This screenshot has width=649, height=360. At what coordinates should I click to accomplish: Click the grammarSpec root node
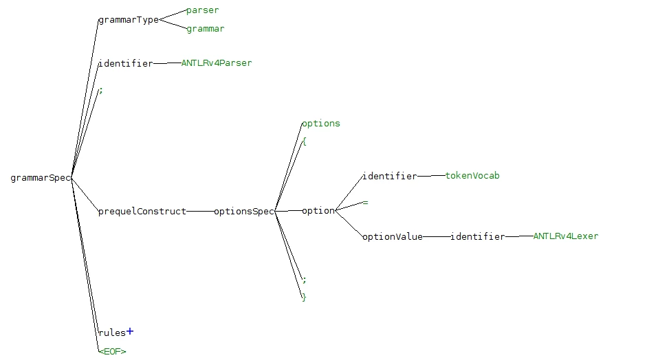coord(41,178)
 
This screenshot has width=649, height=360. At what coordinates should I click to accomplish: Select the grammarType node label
coord(129,20)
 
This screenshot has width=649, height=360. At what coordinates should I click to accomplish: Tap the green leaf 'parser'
coord(202,10)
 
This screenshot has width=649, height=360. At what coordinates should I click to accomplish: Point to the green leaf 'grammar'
coord(206,29)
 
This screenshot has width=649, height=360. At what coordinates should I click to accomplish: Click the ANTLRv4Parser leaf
coord(217,63)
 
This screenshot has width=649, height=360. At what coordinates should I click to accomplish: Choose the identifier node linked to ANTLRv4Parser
coord(126,63)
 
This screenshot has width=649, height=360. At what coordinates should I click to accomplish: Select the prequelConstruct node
coord(142,211)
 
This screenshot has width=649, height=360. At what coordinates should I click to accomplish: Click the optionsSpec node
coord(244,211)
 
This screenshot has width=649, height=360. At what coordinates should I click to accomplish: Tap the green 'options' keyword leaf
coord(321,123)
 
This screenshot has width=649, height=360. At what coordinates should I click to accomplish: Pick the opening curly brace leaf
coord(304,142)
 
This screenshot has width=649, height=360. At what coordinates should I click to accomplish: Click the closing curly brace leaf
coord(304,297)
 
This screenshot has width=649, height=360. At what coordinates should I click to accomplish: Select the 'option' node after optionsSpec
coord(318,211)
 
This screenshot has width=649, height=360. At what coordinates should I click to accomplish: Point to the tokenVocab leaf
coord(472,175)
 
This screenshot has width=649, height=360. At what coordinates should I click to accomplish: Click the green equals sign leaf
coord(365,203)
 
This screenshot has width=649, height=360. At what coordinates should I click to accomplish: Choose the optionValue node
coord(393,237)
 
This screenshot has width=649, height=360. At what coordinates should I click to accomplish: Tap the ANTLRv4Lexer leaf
coord(566,236)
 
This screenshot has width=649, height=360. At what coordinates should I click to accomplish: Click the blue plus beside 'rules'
coord(130,331)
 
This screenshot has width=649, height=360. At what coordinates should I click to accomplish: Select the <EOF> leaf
coord(113,351)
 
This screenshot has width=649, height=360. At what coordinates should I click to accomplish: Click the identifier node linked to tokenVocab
coord(390,176)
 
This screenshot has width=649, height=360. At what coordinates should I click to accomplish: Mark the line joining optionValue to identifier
coord(437,237)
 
